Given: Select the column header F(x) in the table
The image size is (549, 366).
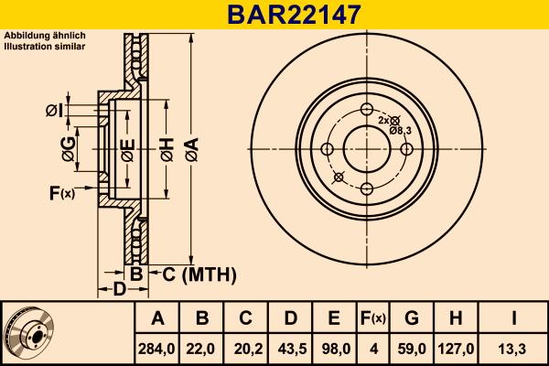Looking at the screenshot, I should pyautogui.click(x=372, y=318).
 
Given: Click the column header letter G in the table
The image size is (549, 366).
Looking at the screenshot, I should pyautogui.click(x=411, y=318).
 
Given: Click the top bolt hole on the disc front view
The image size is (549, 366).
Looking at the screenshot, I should pyautogui.click(x=367, y=111).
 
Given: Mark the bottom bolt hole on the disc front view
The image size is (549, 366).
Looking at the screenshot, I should pyautogui.click(x=367, y=188).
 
